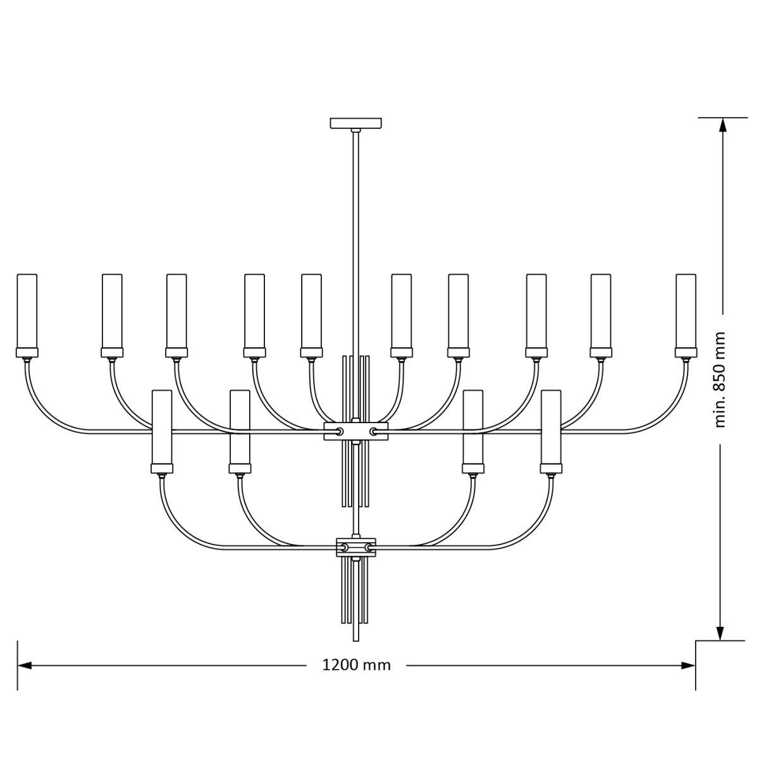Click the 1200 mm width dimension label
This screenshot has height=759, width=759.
[356, 665]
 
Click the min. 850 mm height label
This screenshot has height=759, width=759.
[719, 379]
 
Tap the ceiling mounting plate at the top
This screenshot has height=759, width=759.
[355, 123]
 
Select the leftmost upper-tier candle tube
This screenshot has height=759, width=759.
[27, 311]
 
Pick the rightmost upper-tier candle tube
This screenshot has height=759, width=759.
[686, 311]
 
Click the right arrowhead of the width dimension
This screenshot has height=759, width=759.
[688, 665]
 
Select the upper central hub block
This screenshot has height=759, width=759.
[355, 431]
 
